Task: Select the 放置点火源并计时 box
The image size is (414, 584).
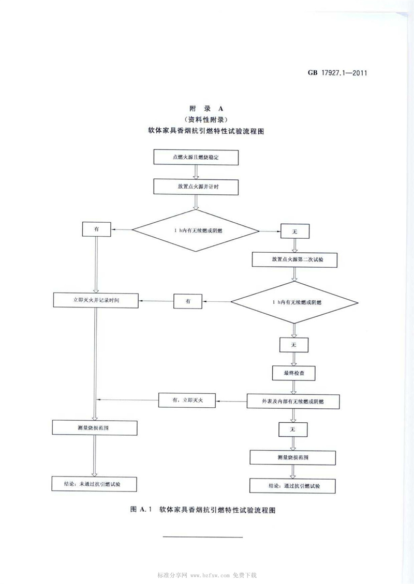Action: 196,186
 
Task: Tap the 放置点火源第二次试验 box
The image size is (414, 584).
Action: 294,259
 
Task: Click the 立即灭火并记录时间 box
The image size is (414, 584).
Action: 96,300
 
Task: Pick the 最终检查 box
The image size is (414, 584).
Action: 294,372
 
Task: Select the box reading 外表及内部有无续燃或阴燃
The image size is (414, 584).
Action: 294,400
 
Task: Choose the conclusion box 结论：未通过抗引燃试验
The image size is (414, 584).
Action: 96,484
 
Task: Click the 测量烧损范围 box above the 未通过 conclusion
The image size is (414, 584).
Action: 96,427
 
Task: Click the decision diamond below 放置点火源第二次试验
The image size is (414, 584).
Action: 294,302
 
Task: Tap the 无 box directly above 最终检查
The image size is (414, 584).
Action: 294,344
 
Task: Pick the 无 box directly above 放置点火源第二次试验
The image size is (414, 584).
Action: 294,232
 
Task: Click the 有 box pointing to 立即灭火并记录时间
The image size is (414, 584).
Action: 188,301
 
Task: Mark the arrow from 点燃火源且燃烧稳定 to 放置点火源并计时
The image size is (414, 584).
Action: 196,171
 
